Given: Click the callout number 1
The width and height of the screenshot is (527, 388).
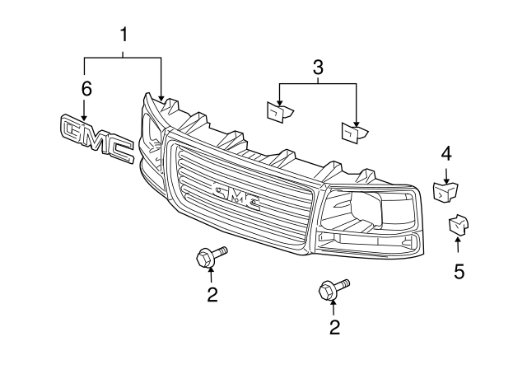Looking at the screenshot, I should [124, 35].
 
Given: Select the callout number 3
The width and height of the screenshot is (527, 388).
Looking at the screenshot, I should [318, 68].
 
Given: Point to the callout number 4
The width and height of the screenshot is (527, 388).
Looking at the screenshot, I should [445, 152].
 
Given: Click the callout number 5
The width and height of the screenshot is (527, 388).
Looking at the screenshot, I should [459, 270].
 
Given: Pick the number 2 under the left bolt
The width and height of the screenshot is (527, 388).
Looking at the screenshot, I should [212, 295].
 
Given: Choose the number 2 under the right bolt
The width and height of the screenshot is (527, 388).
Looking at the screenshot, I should [333, 327].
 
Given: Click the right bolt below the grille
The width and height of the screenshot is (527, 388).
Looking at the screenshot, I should [332, 289].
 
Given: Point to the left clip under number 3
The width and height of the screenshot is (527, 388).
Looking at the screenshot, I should [277, 110].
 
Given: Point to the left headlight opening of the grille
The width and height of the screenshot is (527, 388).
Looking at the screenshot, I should [151, 132].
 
